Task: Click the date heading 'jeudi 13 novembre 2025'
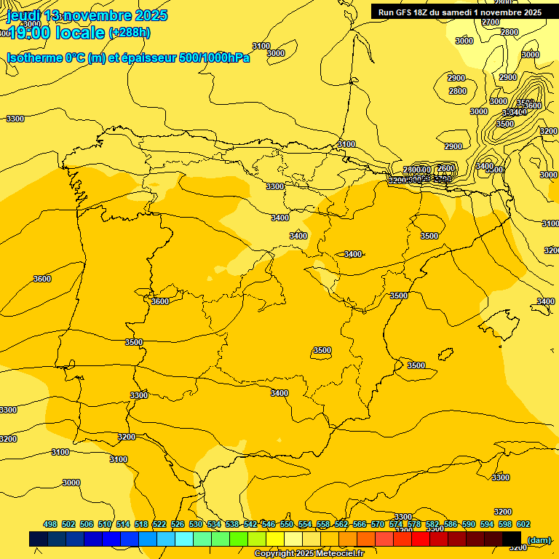87,15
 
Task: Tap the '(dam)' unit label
539,539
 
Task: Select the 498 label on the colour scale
50,525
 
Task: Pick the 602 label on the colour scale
523,525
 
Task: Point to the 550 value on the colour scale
287,525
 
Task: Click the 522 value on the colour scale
159,525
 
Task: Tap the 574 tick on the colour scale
396,525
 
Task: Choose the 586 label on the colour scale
451,525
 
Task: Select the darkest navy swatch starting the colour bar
39,539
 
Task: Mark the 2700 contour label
491,22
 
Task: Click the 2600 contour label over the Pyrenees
445,168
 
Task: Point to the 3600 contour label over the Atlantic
42,279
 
